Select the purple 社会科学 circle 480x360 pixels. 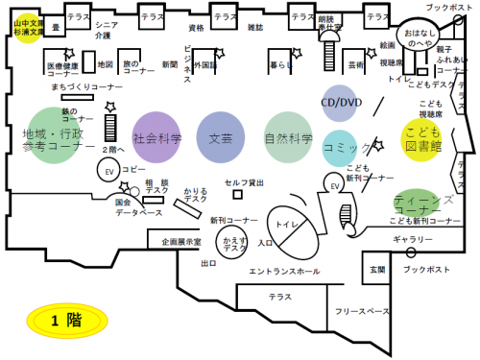pos(157,137)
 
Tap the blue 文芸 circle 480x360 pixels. pos(221,137)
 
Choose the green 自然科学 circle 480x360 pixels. pos(288,137)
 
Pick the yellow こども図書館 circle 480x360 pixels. pos(422,139)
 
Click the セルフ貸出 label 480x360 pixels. pos(245,181)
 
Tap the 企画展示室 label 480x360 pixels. pos(180,242)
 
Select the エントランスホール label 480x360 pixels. pos(284,272)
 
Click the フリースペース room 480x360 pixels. pos(362,312)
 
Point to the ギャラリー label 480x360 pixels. pos(413,237)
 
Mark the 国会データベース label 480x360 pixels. pos(125,207)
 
